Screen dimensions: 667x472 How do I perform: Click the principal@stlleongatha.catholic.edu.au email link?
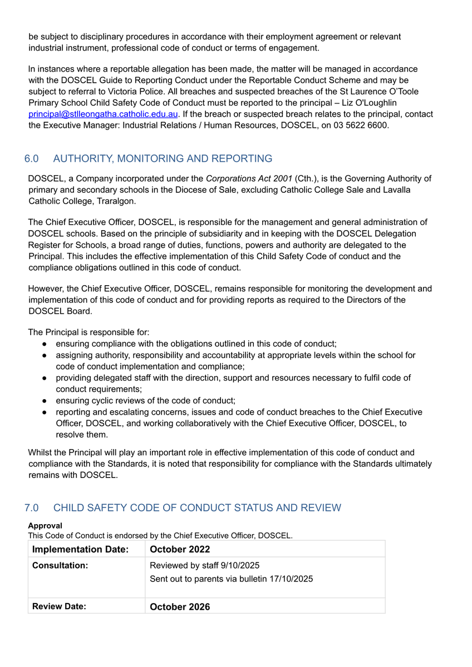pos(103,114)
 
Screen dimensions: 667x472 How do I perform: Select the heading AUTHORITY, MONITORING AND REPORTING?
pos(163,159)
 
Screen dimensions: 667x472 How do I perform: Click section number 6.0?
pos(32,159)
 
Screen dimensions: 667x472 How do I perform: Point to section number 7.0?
pos(32,508)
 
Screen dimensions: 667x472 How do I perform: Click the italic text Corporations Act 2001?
pos(249,178)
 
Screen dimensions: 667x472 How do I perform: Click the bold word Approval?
pos(45,525)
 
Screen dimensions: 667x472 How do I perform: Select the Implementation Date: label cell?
pos(81,549)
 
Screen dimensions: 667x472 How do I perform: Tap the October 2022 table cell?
pos(180,549)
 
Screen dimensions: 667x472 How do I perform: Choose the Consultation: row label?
pos(60,565)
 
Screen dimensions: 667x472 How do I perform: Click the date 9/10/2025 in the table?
pos(240,565)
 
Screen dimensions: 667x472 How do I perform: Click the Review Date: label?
pos(59,606)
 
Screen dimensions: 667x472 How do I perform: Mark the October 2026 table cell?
pos(180,606)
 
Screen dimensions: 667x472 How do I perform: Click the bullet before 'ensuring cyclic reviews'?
pos(44,401)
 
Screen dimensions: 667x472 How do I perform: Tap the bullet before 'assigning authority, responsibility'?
pos(44,355)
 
